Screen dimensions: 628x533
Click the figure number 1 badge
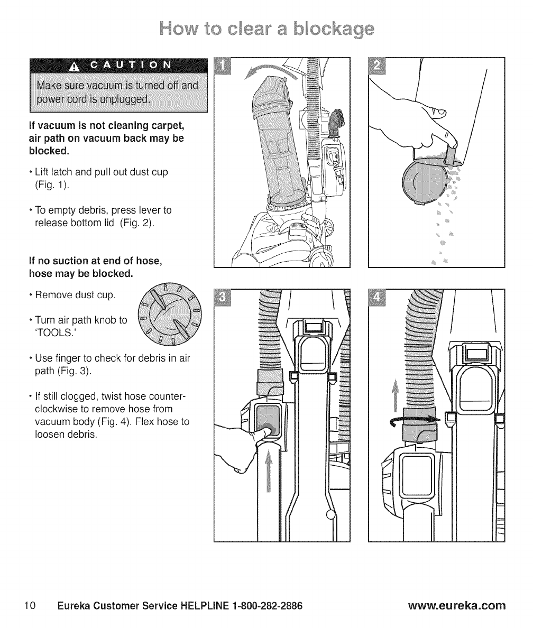coord(225,67)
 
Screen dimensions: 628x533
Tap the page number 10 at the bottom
coord(29,604)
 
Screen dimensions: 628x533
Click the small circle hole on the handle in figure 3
coord(330,514)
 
